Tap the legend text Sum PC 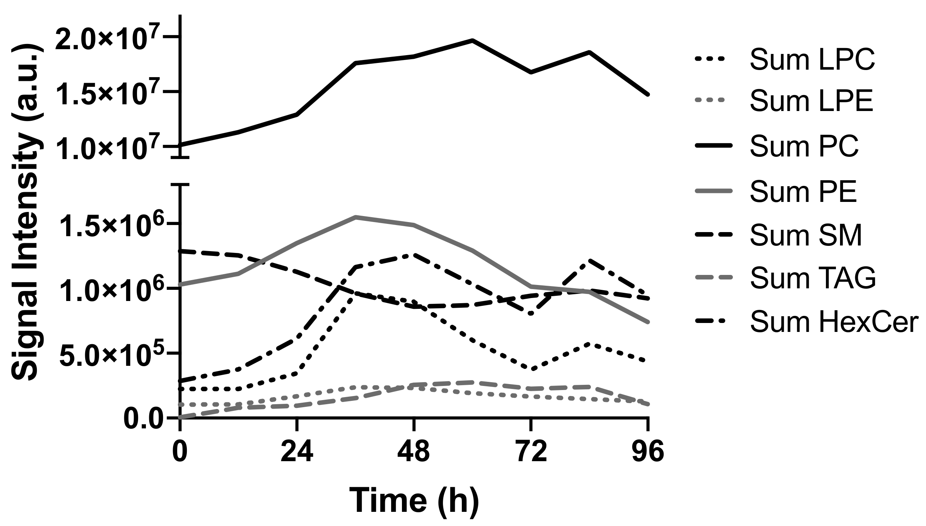(x=804, y=146)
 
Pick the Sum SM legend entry (x=806, y=235)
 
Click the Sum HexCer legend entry (x=832, y=322)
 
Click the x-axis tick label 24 (x=297, y=452)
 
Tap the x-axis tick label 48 (x=413, y=452)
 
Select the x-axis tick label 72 (x=531, y=452)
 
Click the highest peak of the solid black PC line (x=472, y=40)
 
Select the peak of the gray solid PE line (x=355, y=217)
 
